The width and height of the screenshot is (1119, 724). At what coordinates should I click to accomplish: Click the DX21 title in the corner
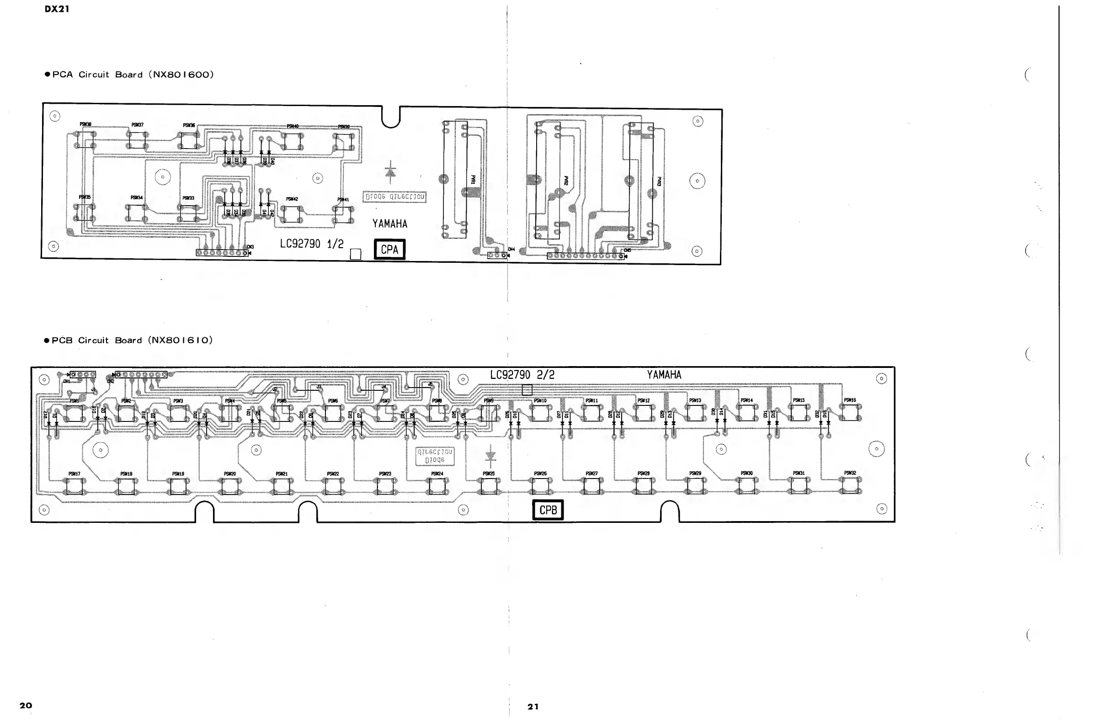click(57, 9)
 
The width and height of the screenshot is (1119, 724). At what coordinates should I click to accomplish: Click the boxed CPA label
click(389, 249)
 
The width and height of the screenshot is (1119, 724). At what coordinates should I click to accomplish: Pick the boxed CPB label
click(548, 510)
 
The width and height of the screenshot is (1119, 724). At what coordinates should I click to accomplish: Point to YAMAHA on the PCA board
click(390, 224)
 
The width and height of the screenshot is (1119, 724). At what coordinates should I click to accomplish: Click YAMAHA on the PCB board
click(664, 375)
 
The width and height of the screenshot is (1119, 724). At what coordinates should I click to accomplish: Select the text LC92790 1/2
click(312, 244)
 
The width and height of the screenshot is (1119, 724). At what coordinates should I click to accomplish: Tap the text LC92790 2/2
click(522, 375)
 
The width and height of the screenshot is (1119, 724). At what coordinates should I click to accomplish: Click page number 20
click(26, 705)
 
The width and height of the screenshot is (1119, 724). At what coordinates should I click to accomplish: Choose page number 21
click(533, 707)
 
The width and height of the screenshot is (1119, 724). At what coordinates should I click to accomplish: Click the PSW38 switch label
click(85, 125)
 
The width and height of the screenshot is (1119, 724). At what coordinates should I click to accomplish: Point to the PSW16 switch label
click(850, 400)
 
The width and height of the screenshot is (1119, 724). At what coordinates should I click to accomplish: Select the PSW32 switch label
click(850, 473)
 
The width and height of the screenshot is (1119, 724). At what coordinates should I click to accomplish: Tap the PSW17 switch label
click(75, 474)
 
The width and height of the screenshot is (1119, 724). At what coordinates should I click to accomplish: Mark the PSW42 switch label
click(292, 199)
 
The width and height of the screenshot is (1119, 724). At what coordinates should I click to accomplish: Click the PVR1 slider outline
click(455, 180)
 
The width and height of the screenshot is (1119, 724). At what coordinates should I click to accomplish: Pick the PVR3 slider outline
click(641, 181)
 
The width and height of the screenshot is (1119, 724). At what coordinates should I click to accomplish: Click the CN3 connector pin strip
click(222, 253)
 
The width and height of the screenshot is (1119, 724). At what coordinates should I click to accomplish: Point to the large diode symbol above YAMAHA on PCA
click(390, 172)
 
